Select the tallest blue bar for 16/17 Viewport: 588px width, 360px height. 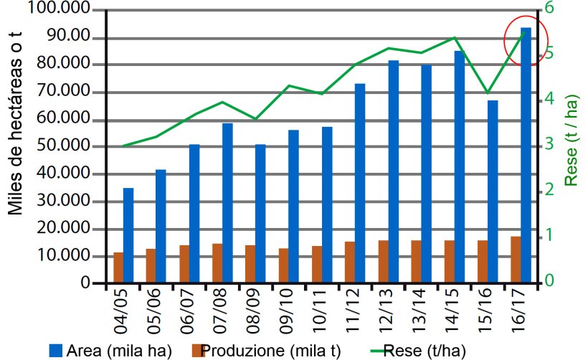point(526,154)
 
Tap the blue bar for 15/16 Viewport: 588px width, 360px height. point(493,191)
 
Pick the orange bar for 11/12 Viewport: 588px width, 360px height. point(349,262)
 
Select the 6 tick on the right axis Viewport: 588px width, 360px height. point(549,9)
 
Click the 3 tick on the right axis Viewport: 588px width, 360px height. point(549,144)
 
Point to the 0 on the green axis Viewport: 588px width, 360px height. point(549,280)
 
